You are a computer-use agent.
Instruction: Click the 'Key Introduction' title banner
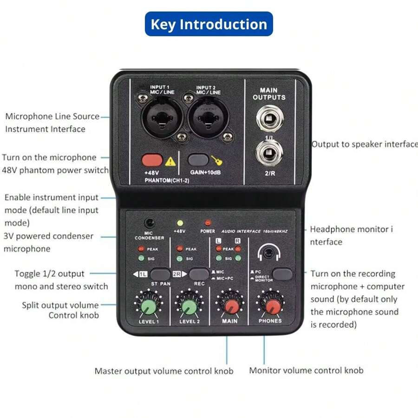209,24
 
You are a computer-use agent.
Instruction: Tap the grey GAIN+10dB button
198,160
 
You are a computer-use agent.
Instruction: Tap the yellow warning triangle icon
170,161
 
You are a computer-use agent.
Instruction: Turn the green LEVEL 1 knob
149,307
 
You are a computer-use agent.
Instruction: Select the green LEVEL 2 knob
189,307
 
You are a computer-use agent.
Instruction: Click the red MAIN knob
229,307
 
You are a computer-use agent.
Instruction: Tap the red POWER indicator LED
208,222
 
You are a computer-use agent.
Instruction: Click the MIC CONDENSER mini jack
149,223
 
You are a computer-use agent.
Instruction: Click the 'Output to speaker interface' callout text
365,144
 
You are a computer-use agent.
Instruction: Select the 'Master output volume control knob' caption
164,371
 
